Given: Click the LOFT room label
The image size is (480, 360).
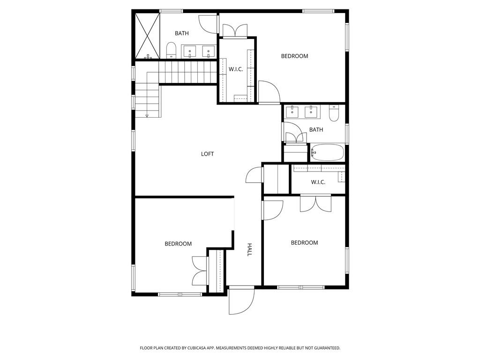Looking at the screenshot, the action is [x=207, y=154].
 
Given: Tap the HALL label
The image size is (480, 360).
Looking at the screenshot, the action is [x=249, y=249].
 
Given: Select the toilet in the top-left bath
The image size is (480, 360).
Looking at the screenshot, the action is [x=172, y=50].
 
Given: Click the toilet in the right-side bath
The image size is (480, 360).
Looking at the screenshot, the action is [x=334, y=113].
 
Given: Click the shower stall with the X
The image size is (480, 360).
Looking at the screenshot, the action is [x=148, y=36].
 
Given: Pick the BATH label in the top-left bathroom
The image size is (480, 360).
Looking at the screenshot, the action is [x=182, y=33].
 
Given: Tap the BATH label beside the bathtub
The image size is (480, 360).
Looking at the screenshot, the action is [x=316, y=130].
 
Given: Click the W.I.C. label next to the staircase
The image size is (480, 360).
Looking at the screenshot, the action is [x=236, y=69].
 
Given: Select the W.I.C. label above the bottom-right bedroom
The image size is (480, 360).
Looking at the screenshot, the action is [x=318, y=182].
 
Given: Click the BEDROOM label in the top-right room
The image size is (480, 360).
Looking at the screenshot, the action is [x=294, y=56].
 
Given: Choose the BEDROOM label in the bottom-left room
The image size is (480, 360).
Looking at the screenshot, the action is [x=178, y=244].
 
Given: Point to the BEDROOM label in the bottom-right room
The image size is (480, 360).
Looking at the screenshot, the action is [x=304, y=243].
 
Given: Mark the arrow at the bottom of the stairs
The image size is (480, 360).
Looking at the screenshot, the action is [x=147, y=115].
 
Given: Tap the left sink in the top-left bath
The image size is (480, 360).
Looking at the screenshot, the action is [x=190, y=52].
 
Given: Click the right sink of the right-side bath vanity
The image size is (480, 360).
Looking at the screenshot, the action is [x=311, y=112].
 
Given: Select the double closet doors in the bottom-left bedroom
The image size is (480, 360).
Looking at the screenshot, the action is [x=200, y=271].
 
